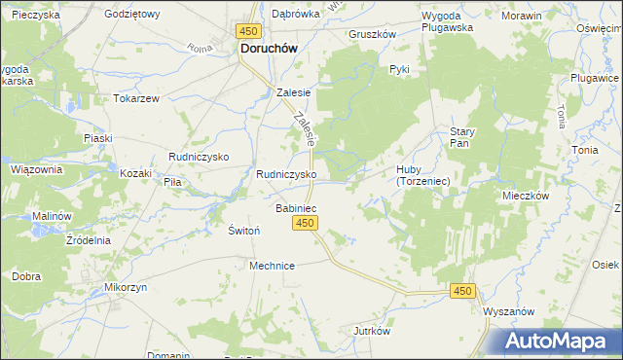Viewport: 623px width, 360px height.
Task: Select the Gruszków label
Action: coord(373,33)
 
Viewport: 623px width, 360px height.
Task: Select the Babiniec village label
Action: coord(296,208)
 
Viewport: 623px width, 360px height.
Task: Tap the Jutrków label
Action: coord(372,331)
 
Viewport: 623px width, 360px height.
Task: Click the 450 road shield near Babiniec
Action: coord(305,224)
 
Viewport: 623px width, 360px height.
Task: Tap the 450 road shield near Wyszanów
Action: coord(463,291)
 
